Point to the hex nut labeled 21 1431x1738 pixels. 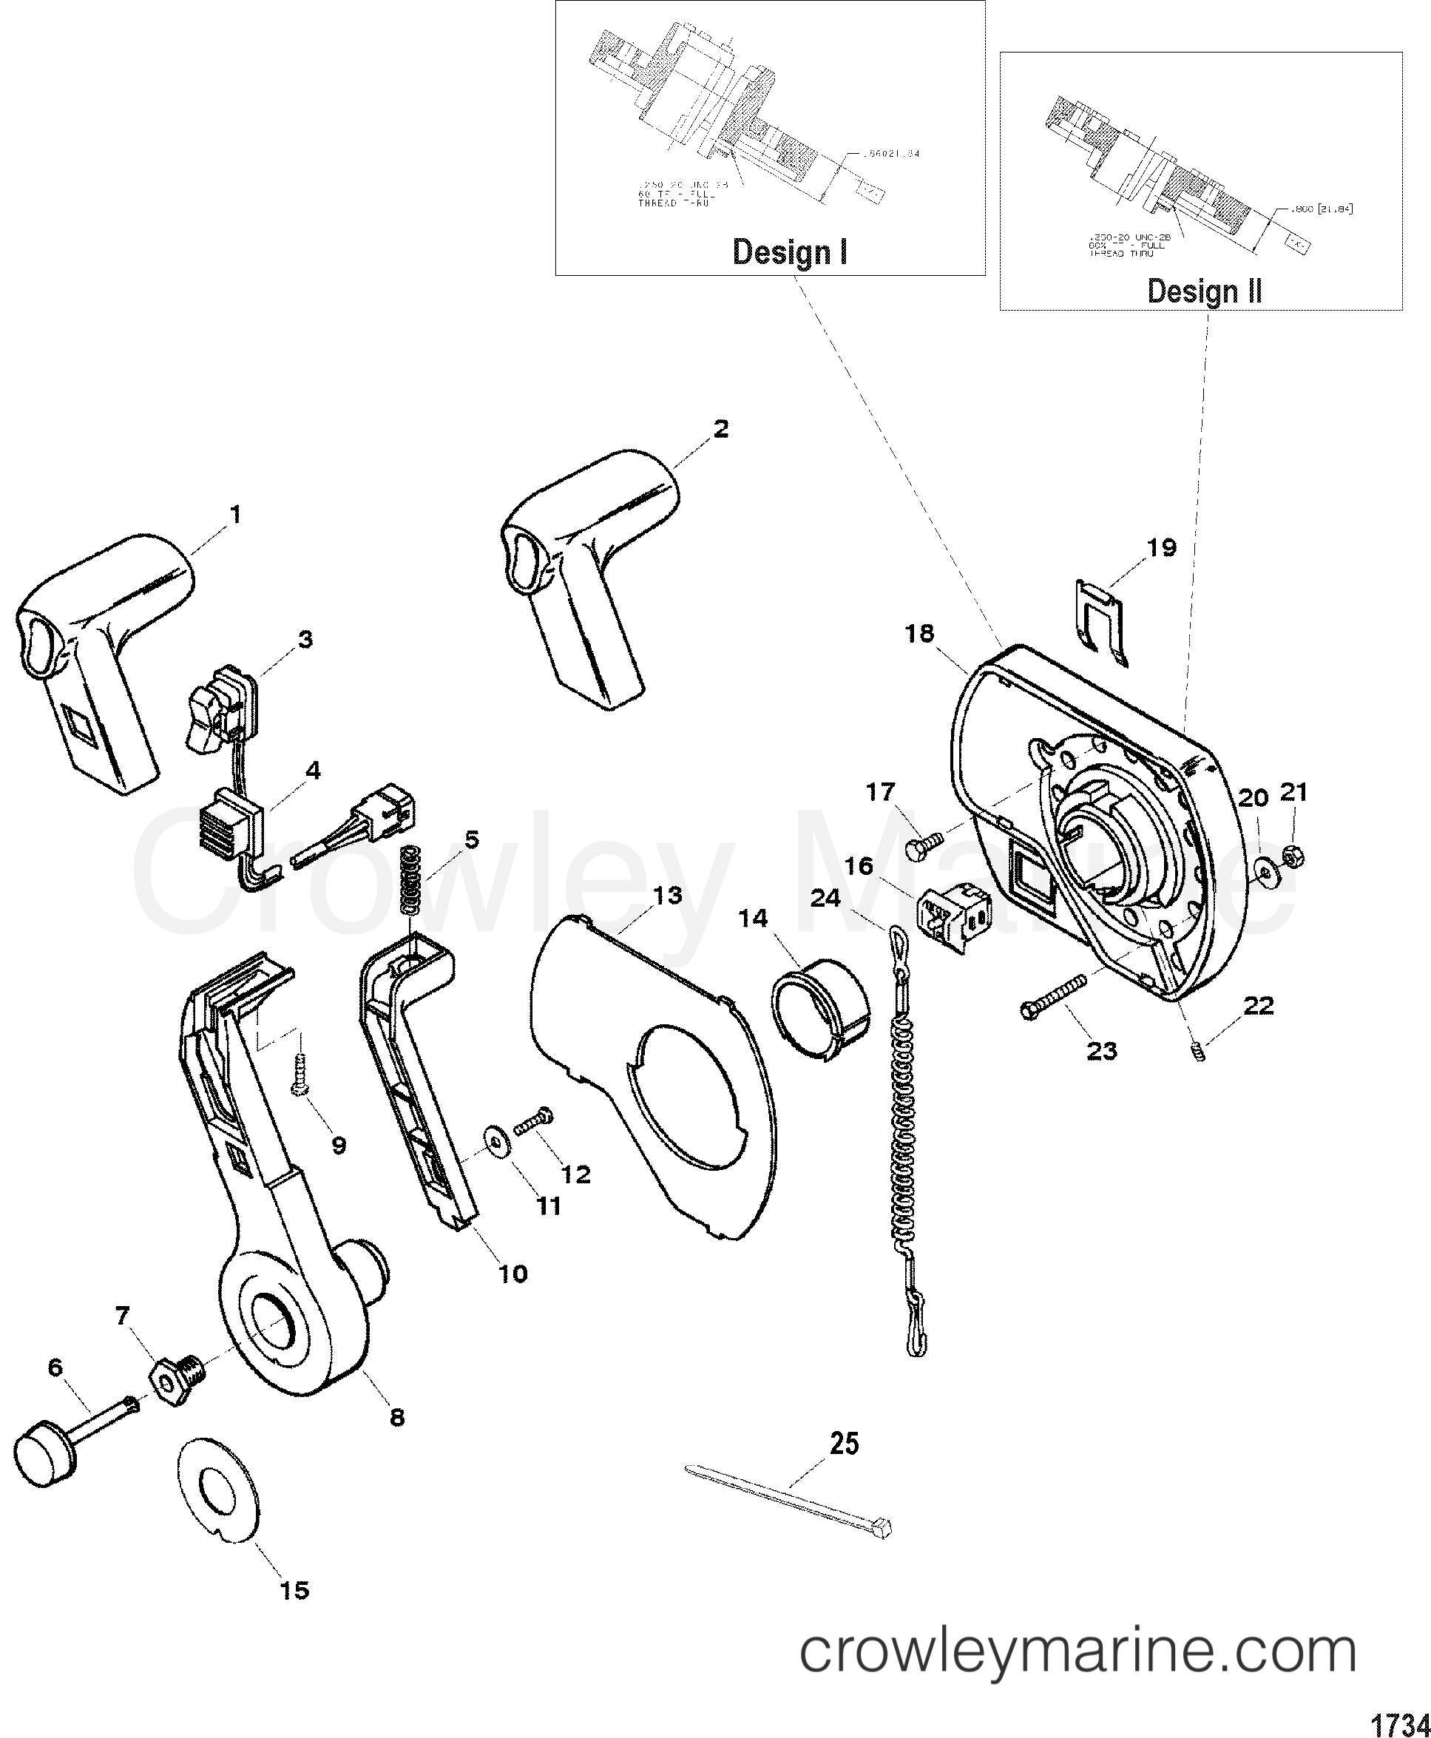tap(1293, 857)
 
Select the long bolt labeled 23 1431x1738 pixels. tap(1057, 996)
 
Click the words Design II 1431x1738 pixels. tap(1204, 291)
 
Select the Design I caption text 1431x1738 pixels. tap(790, 251)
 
